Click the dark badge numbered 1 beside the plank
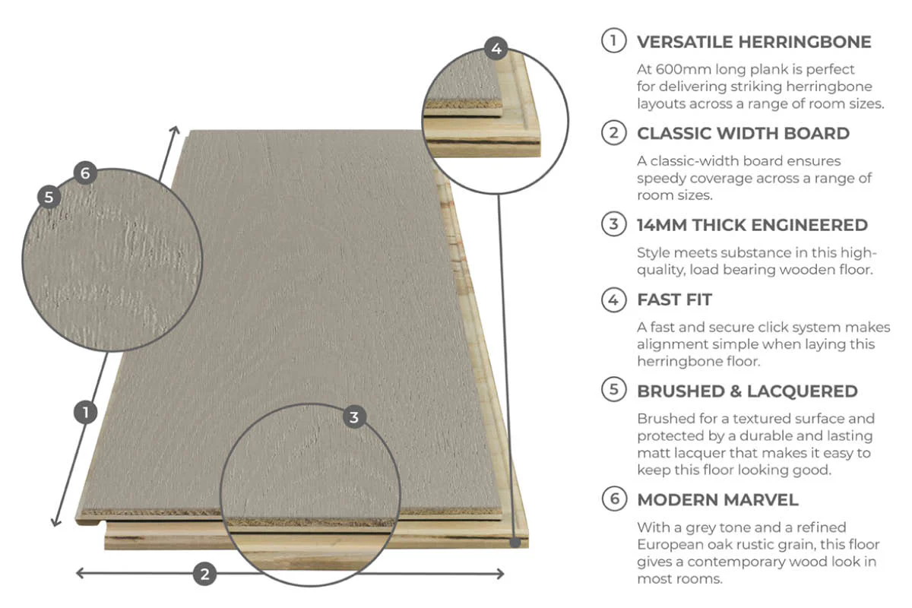pyautogui.click(x=86, y=412)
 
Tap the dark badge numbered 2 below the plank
pyautogui.click(x=204, y=574)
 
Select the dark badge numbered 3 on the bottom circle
pyautogui.click(x=354, y=416)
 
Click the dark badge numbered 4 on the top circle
pyautogui.click(x=496, y=49)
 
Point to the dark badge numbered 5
pyautogui.click(x=49, y=197)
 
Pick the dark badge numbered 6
pyautogui.click(x=84, y=173)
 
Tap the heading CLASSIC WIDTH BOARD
pyautogui.click(x=743, y=134)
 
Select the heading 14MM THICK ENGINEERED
pyautogui.click(x=752, y=225)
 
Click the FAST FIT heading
pyautogui.click(x=674, y=300)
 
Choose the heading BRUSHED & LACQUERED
pyautogui.click(x=747, y=391)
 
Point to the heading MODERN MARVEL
pyautogui.click(x=717, y=500)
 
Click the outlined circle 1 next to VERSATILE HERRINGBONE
pyautogui.click(x=613, y=41)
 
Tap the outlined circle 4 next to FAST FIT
pyautogui.click(x=613, y=300)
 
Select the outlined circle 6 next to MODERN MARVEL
pyautogui.click(x=613, y=499)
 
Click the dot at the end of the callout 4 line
pyautogui.click(x=516, y=543)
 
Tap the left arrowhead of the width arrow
pyautogui.click(x=78, y=573)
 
